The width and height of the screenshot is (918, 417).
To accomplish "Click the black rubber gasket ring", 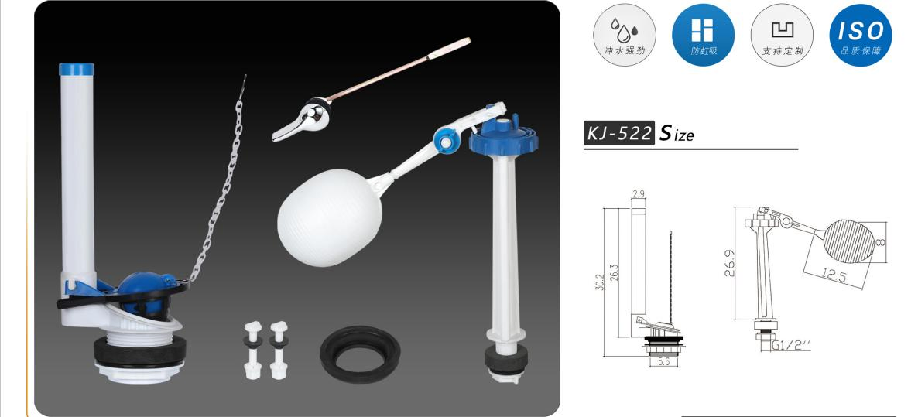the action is tap(360, 354).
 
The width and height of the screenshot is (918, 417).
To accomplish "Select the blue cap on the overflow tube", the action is tap(77, 69).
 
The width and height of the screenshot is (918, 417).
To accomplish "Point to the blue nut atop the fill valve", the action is tap(503, 135).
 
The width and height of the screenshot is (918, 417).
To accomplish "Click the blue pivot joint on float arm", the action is tap(445, 141).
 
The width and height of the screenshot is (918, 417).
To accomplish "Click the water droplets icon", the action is tap(624, 28).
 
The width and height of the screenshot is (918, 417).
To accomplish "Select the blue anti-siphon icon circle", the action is tap(703, 35).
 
